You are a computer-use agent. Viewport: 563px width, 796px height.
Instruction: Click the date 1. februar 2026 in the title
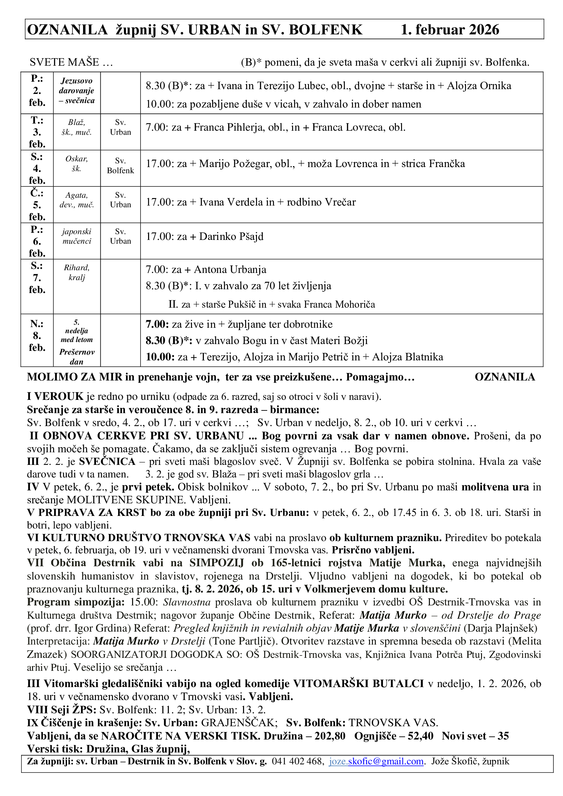[450, 30]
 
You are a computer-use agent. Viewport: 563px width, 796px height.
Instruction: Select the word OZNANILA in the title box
[67, 30]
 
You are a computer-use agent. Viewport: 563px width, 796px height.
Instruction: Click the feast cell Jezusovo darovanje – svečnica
[77, 91]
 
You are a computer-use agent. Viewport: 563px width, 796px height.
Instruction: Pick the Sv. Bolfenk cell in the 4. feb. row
[120, 166]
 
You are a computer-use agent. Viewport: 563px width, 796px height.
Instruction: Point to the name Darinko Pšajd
[231, 237]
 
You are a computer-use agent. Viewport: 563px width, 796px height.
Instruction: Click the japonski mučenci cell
[77, 237]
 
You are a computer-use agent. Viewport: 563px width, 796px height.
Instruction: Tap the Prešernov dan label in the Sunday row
[77, 357]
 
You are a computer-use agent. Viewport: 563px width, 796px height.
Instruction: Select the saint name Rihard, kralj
[77, 273]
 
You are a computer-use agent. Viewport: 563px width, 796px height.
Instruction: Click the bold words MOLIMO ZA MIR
[75, 377]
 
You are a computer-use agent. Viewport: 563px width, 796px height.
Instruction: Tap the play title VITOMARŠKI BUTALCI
[358, 683]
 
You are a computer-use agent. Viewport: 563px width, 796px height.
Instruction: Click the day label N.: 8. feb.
[37, 336]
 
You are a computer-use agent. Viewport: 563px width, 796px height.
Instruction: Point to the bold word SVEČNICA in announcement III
[107, 461]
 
